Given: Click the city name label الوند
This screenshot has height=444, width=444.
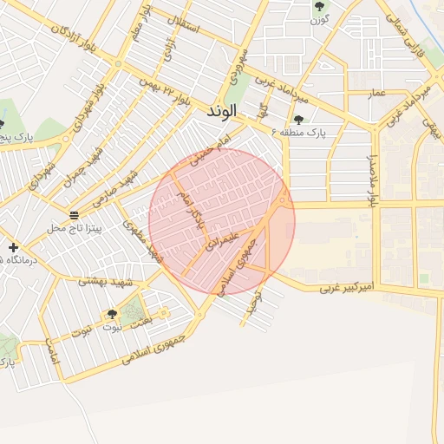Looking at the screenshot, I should (222, 112).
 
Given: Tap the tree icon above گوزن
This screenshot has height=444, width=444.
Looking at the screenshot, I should (320, 6).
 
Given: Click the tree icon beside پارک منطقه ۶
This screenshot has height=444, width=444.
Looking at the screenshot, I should (299, 120).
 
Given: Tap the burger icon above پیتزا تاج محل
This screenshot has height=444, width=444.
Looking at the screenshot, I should (75, 214).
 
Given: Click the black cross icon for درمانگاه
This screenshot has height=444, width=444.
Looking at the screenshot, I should (13, 248).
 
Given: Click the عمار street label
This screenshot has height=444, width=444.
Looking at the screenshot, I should (376, 91).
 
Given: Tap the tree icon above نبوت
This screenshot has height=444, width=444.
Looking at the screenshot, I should (112, 314).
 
